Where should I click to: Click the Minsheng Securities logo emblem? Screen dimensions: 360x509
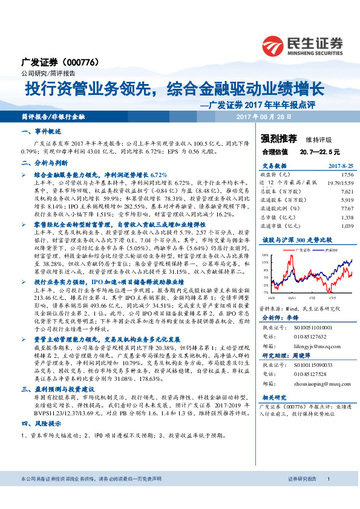[x=274, y=45]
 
